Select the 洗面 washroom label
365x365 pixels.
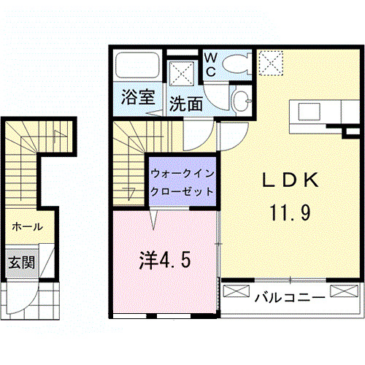click(185, 104)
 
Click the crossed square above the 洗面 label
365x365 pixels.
click(182, 74)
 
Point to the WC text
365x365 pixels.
click(210, 64)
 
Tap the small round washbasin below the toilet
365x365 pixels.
click(239, 99)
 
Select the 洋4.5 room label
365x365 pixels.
click(166, 260)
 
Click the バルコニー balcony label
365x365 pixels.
click(290, 297)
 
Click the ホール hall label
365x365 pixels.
click(26, 227)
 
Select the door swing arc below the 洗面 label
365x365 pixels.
click(196, 133)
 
